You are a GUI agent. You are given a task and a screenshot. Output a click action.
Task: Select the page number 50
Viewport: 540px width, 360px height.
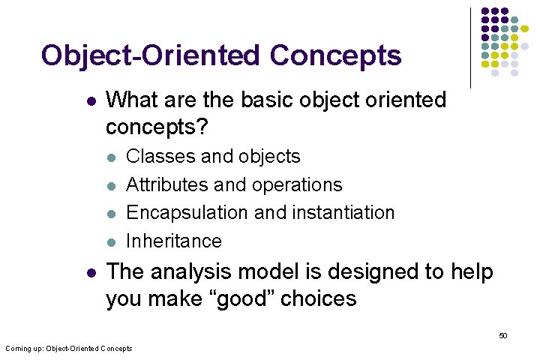503,335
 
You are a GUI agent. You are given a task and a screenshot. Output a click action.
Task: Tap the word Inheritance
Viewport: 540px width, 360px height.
174,241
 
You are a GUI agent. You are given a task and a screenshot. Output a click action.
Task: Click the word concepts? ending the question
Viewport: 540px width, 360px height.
156,127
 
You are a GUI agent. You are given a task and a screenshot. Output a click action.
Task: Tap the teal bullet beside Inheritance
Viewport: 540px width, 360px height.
111,241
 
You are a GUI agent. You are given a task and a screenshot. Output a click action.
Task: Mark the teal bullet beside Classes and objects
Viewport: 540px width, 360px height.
111,157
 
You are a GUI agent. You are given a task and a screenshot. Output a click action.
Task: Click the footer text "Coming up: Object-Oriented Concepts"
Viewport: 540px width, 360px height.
69,348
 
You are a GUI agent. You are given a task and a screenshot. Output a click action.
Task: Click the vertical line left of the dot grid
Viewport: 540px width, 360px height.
471,48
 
